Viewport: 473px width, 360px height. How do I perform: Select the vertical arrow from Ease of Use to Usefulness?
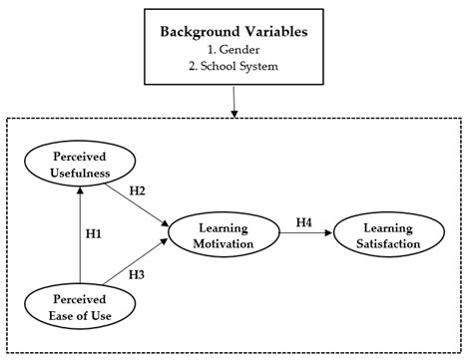pyautogui.click(x=79, y=233)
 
